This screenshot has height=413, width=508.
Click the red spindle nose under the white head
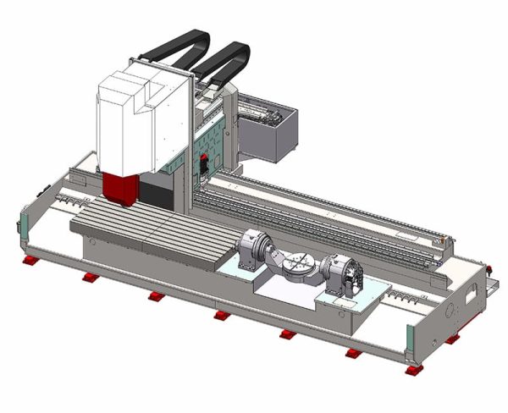click(x=121, y=189)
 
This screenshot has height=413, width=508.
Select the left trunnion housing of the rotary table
click(x=251, y=251)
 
